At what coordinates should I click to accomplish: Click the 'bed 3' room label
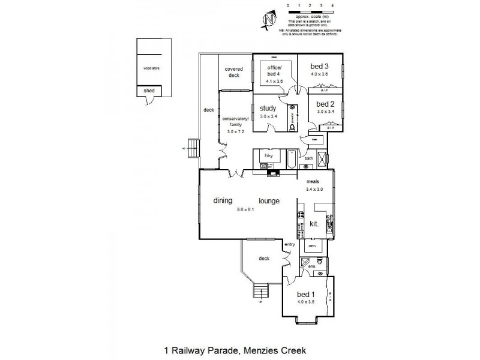pyautogui.click(x=319, y=66)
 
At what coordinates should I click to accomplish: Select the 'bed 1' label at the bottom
pyautogui.click(x=305, y=294)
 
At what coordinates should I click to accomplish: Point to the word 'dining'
pyautogui.click(x=223, y=201)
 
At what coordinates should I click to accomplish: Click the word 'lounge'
pyautogui.click(x=269, y=201)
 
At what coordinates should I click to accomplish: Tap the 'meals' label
pyautogui.click(x=312, y=181)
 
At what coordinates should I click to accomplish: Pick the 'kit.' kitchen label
pyautogui.click(x=313, y=224)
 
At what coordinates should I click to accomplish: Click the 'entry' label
pyautogui.click(x=290, y=244)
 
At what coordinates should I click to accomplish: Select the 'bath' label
pyautogui.click(x=309, y=159)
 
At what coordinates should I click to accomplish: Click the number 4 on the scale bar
pyautogui.click(x=332, y=5)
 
